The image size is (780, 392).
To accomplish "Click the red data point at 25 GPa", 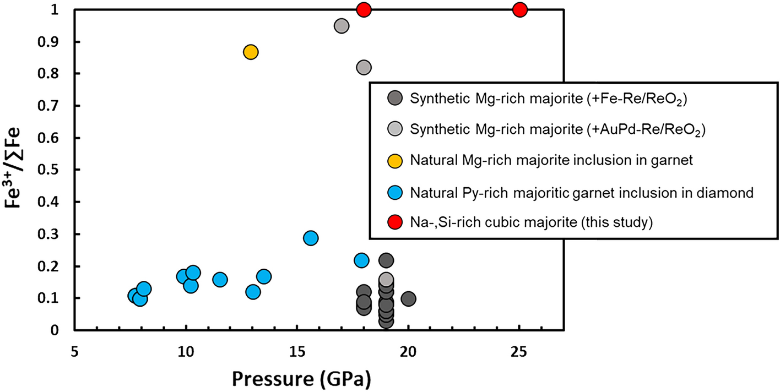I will click(x=519, y=9).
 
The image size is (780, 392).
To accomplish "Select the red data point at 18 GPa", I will click(x=364, y=9).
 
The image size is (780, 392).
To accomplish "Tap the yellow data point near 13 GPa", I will click(x=251, y=52).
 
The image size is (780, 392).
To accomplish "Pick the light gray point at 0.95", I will click(x=342, y=26).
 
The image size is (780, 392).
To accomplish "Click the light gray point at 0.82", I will click(x=364, y=67).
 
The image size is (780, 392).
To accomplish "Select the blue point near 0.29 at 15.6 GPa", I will click(x=311, y=238).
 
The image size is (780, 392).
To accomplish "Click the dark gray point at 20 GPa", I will click(x=408, y=298).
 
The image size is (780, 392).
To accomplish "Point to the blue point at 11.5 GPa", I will click(x=220, y=279).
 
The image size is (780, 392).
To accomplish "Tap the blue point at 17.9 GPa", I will click(x=361, y=260).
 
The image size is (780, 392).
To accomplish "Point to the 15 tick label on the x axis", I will click(x=297, y=350).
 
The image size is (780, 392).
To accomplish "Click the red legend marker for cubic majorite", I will click(x=395, y=222).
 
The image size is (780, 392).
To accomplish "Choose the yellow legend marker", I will click(x=395, y=160).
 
